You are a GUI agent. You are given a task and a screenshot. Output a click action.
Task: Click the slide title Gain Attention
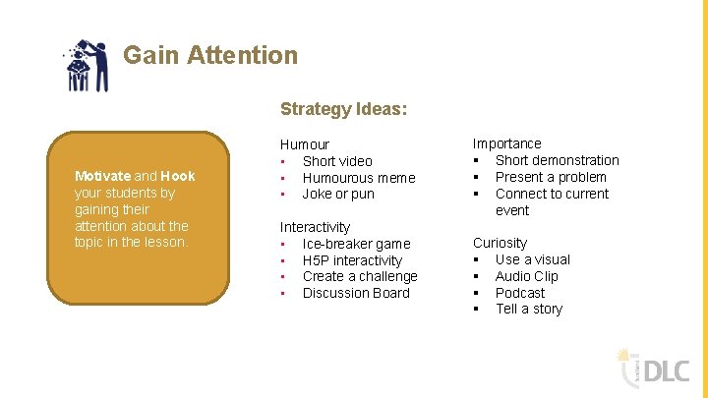(x=209, y=55)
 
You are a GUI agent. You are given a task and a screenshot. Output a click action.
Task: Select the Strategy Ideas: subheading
(x=343, y=109)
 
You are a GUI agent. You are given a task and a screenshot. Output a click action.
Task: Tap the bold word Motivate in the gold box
(x=102, y=176)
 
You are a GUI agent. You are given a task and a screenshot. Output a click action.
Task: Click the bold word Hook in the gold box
(x=178, y=176)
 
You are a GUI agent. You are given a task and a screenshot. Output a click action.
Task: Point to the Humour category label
(x=305, y=144)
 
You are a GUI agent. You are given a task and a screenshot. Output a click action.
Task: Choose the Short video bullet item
(x=337, y=161)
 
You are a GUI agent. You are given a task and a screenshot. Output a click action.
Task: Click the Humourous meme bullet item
(x=359, y=178)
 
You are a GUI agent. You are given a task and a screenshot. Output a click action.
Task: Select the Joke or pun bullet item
(x=338, y=194)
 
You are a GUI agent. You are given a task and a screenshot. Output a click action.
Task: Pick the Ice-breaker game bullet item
(x=356, y=244)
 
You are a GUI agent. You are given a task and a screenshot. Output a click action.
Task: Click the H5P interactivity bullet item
(x=352, y=260)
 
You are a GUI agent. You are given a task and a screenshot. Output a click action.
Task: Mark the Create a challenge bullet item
(x=360, y=276)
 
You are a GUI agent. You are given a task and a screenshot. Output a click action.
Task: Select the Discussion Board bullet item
(x=356, y=293)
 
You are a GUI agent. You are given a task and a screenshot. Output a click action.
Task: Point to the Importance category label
(x=506, y=143)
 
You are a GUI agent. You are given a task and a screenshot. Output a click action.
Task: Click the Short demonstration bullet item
(x=557, y=160)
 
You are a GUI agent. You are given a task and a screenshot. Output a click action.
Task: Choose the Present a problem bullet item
(x=551, y=177)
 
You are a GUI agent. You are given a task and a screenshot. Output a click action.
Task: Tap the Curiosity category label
(x=500, y=243)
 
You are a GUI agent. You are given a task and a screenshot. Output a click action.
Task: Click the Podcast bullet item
(x=519, y=293)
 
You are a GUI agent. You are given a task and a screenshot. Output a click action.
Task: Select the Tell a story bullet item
(x=529, y=309)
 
